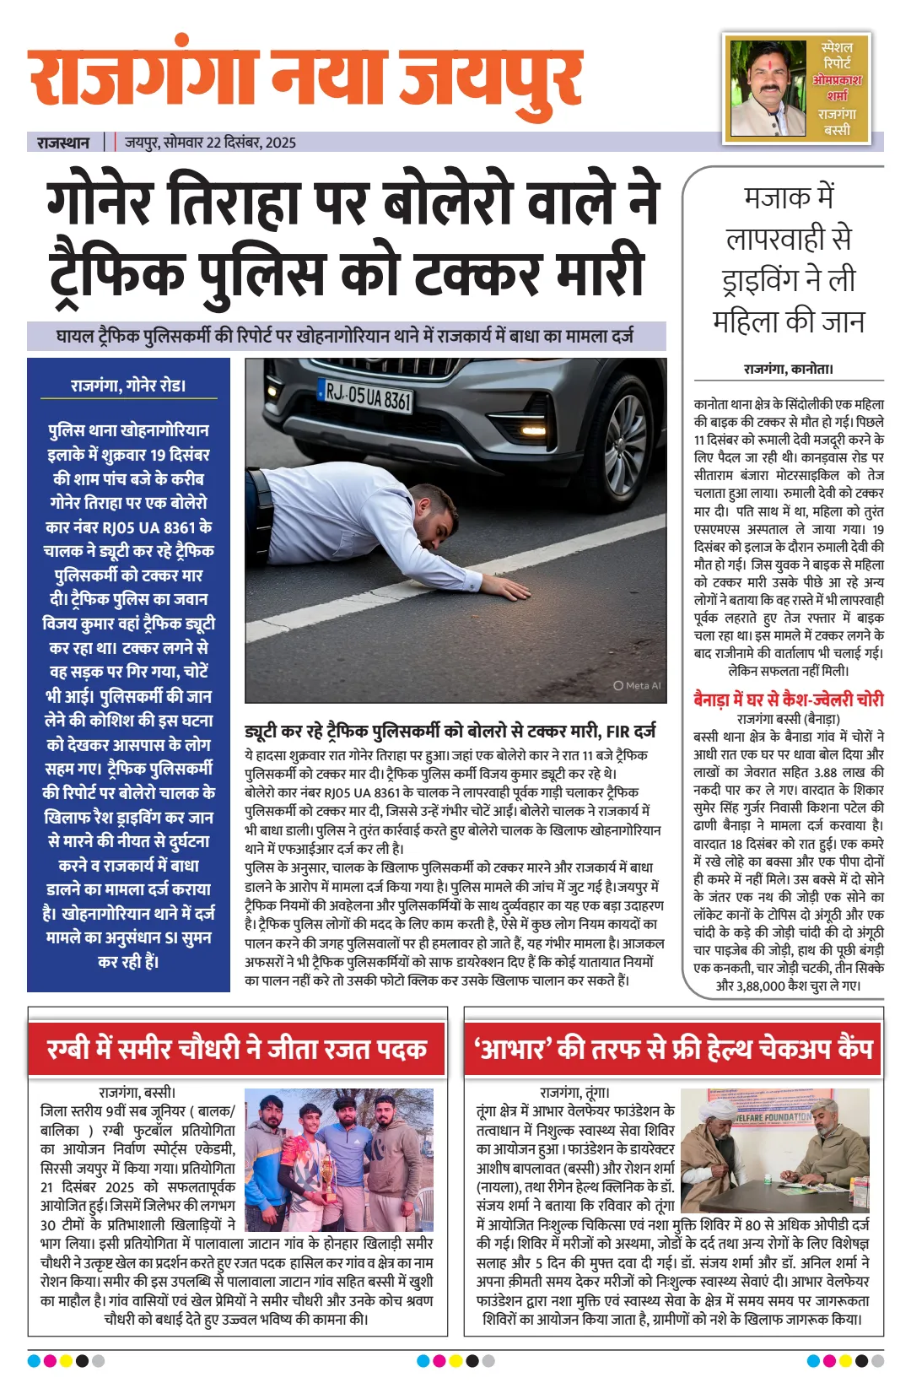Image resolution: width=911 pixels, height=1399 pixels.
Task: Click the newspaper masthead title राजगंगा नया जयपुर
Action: (305, 78)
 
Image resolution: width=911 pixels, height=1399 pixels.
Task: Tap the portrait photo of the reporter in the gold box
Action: (768, 88)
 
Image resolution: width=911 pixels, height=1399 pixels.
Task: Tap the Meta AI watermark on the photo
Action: (638, 685)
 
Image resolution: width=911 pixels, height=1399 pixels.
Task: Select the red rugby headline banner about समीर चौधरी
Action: (237, 1049)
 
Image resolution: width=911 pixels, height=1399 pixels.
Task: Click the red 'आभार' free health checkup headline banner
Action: (673, 1049)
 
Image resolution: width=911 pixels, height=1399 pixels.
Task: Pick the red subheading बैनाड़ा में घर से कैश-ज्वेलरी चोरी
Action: (788, 699)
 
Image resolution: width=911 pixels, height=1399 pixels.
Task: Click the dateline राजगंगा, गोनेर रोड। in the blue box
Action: (128, 386)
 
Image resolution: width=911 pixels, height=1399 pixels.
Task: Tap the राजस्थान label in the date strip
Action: (63, 143)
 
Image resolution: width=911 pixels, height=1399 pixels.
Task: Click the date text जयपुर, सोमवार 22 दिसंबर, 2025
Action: (211, 143)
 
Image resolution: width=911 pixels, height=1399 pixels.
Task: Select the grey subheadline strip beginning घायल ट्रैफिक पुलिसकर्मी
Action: (346, 336)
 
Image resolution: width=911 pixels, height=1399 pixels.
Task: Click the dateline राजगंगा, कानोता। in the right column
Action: (788, 369)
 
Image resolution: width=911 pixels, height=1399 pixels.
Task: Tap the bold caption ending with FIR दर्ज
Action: (450, 731)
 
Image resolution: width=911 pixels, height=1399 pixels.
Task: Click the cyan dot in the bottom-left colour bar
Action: (34, 1360)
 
